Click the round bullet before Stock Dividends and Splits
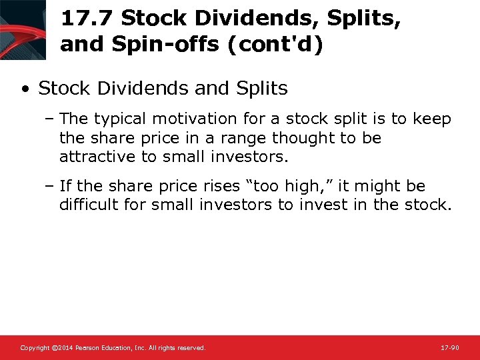tap(25, 89)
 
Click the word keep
tap(432, 119)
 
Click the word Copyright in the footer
tap(34, 348)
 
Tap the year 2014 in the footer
tap(63, 348)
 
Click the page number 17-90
tap(450, 348)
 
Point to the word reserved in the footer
tap(191, 348)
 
